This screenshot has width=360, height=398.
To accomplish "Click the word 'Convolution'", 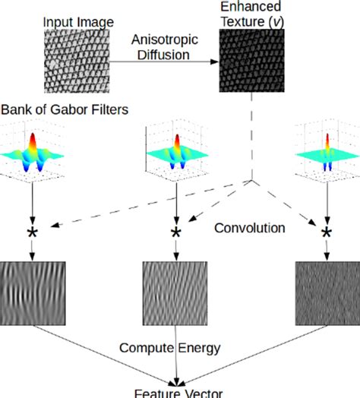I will (x=250, y=227).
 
